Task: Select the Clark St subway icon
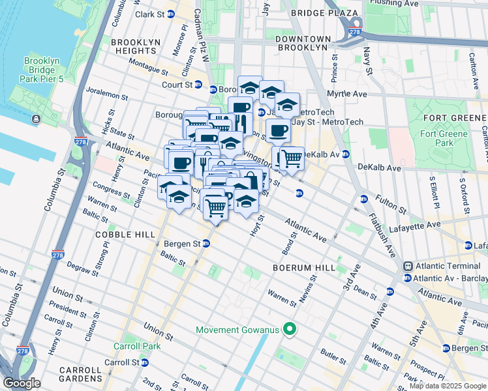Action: click(x=171, y=14)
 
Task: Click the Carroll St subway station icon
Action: click(x=145, y=362)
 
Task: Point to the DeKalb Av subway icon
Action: click(x=346, y=154)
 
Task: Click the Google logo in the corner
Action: click(x=22, y=383)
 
